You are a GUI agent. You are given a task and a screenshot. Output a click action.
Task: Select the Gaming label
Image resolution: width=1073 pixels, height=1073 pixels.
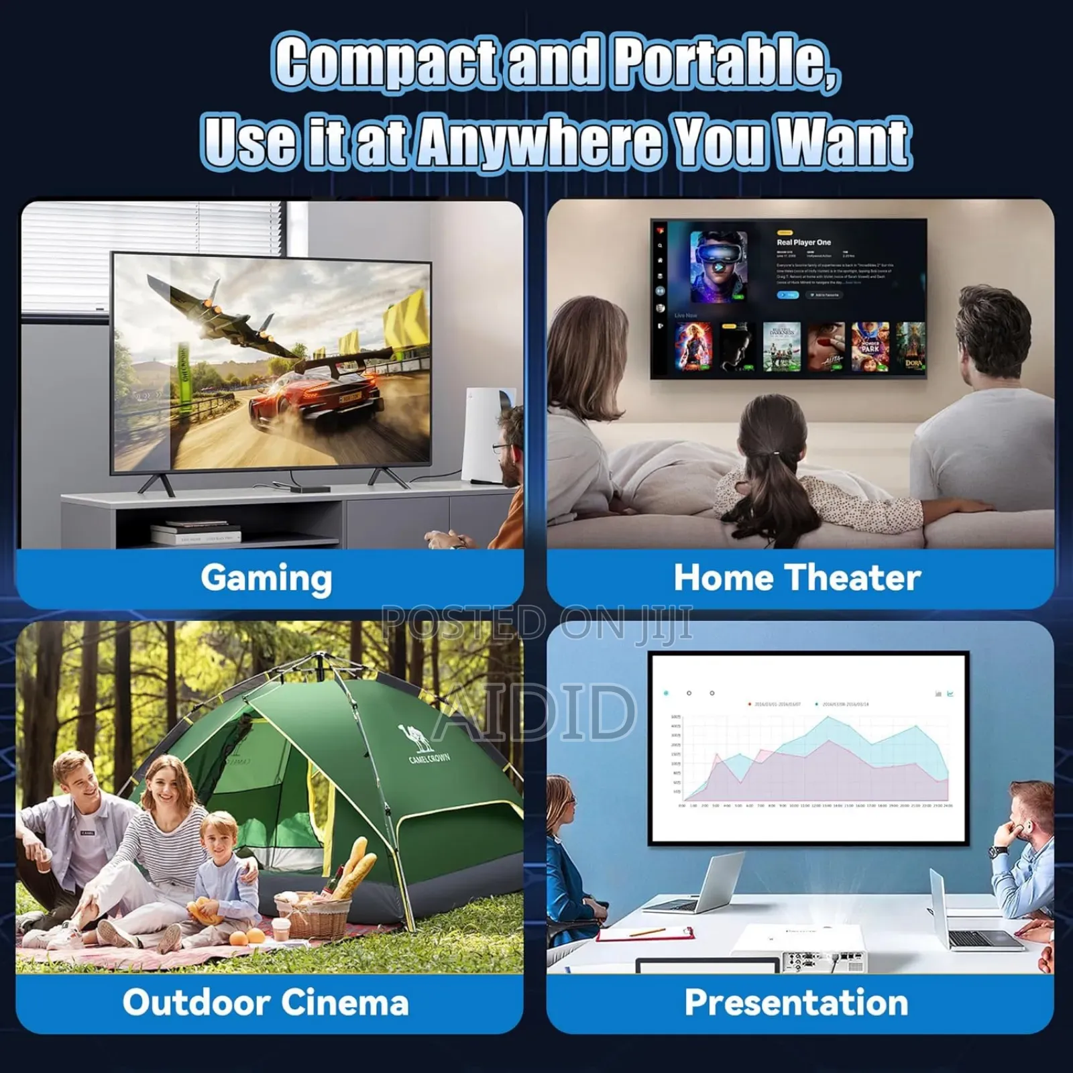coord(266,578)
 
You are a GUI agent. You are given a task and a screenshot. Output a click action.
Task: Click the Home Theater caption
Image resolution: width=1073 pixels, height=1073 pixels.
coord(797,578)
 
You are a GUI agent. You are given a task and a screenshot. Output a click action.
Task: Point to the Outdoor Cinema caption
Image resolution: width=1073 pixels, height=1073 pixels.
coord(266,1003)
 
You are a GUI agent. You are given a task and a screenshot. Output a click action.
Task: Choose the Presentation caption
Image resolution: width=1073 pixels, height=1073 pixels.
coord(797,1003)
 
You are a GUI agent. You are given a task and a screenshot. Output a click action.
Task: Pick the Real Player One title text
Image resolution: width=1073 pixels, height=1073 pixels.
coord(803,243)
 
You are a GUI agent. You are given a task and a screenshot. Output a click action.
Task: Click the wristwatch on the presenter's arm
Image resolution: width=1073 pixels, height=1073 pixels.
coord(999,852)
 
